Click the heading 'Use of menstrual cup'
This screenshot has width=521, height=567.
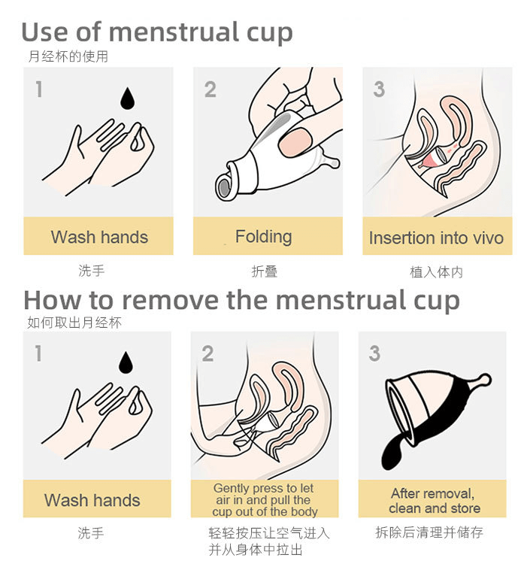[157, 32]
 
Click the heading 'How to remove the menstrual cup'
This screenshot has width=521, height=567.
[241, 301]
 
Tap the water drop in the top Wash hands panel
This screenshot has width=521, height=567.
[127, 99]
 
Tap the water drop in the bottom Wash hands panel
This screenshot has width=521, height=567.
[126, 362]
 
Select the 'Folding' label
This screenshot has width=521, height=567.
[264, 237]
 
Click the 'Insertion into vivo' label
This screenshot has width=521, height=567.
[436, 238]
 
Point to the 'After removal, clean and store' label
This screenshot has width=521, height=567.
[435, 501]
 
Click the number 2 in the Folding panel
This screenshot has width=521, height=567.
[210, 89]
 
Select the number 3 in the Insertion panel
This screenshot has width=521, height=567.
[379, 89]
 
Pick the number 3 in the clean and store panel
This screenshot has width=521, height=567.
[374, 353]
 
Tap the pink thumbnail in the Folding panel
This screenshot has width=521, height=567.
[295, 142]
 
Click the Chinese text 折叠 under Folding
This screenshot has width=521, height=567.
[265, 271]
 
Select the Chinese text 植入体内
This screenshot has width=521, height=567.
[436, 272]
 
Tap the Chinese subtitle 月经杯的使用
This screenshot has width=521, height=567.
[68, 56]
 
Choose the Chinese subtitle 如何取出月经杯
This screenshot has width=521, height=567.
[74, 323]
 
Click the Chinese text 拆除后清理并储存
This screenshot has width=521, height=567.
[429, 532]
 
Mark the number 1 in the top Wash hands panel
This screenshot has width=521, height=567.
[39, 89]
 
